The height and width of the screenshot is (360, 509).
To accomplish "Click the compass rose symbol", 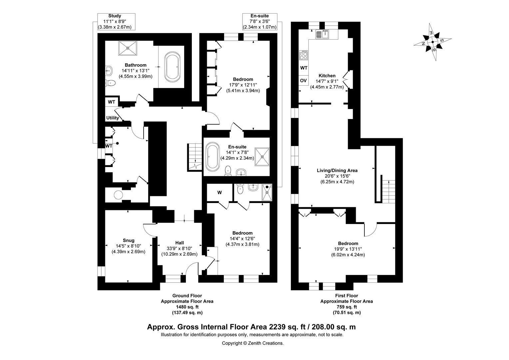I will point(432,42).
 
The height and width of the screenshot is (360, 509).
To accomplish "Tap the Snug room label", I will point(129,240).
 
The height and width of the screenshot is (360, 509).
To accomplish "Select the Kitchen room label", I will point(327,76).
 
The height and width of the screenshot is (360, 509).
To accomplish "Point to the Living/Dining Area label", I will point(337,170).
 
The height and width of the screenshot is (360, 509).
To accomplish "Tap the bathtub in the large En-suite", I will point(212,156).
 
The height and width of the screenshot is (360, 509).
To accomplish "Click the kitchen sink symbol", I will point(322,34).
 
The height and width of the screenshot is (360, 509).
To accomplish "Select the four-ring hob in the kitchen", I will point(304,55).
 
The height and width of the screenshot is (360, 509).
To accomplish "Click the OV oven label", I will point(303,81).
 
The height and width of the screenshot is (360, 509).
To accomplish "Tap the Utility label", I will point(113,118).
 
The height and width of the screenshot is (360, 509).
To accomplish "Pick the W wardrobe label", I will point(220,193).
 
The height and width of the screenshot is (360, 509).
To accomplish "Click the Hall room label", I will point(180,243).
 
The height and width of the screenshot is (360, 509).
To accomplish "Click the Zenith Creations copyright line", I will point(253,343).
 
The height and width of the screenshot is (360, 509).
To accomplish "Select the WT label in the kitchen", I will point(304,68).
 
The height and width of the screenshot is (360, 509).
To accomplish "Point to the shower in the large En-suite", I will point(262,156).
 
